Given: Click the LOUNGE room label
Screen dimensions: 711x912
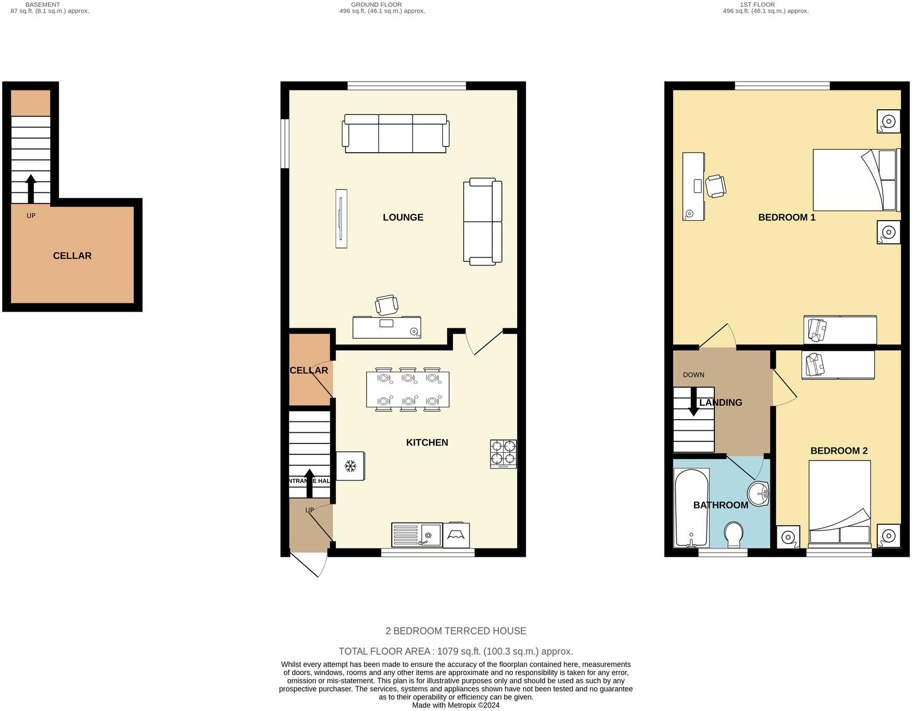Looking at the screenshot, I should [x=403, y=217].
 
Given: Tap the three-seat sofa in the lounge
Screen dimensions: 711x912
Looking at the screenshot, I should [x=395, y=134].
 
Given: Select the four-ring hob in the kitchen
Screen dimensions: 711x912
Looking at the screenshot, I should [x=503, y=453].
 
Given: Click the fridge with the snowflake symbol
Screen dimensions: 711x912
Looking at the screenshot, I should [x=350, y=465].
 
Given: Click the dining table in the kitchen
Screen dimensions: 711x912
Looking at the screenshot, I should [x=407, y=389].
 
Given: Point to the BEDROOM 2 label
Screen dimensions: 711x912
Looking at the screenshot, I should [x=839, y=451].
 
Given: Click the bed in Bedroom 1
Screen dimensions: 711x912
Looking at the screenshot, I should [x=854, y=180].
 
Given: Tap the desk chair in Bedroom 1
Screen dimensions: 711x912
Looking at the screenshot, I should [x=715, y=186].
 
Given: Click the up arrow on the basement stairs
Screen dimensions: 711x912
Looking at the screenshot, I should [x=31, y=188].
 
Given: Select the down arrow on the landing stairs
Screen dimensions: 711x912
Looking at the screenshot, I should [x=693, y=402].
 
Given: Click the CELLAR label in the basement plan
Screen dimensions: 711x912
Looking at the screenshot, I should [x=72, y=256].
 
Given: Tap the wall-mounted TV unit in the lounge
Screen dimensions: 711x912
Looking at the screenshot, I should [x=341, y=218].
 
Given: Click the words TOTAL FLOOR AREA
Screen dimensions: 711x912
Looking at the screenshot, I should [x=384, y=651].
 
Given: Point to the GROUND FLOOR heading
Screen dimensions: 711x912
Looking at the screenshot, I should [x=376, y=5].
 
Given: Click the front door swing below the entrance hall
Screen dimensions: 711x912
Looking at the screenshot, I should [x=310, y=565].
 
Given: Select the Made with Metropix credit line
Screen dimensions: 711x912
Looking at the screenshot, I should [x=455, y=705].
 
